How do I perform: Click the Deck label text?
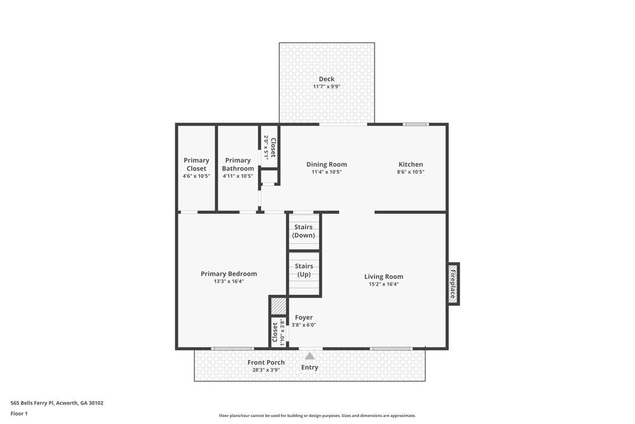(x=326, y=79)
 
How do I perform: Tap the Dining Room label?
(x=326, y=164)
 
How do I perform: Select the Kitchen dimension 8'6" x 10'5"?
(x=410, y=172)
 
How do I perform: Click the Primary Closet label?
(x=196, y=164)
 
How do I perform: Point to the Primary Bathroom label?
(x=237, y=164)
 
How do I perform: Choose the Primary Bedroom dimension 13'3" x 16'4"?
(x=229, y=282)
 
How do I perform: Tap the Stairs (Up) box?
(x=304, y=270)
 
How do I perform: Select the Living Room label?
(x=384, y=276)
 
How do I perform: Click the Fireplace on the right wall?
(x=453, y=284)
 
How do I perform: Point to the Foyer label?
(x=304, y=317)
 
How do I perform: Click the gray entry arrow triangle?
(x=310, y=356)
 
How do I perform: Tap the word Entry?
(x=310, y=367)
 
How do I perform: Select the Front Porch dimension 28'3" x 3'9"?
(x=266, y=369)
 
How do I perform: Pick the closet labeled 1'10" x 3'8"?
(x=277, y=332)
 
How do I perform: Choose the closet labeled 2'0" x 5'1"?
(x=269, y=146)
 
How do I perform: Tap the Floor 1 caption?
(x=19, y=413)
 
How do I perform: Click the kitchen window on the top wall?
(x=416, y=125)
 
